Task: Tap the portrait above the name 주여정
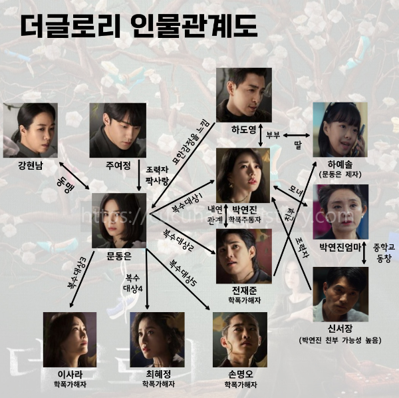click(x=118, y=130)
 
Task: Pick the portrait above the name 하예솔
click(x=340, y=130)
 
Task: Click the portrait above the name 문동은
click(x=119, y=220)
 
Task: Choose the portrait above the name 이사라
click(x=70, y=339)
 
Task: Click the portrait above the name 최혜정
click(x=157, y=339)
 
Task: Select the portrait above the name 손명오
click(x=239, y=339)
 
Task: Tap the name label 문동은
click(x=119, y=256)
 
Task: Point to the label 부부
click(x=273, y=134)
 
